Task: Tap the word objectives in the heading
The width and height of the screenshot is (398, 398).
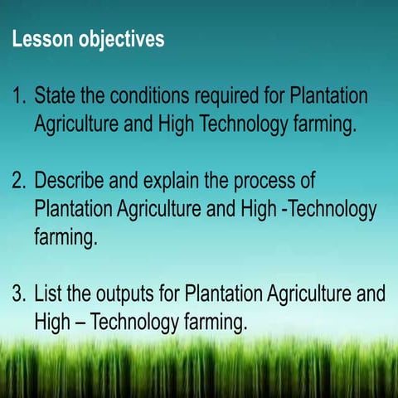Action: [x=120, y=40]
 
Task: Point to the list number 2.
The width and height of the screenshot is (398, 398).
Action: [x=19, y=180]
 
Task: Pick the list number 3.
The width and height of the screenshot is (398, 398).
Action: [x=19, y=293]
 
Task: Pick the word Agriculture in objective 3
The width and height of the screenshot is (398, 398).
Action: [x=303, y=293]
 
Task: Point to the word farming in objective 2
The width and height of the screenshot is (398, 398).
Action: [x=66, y=237]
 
